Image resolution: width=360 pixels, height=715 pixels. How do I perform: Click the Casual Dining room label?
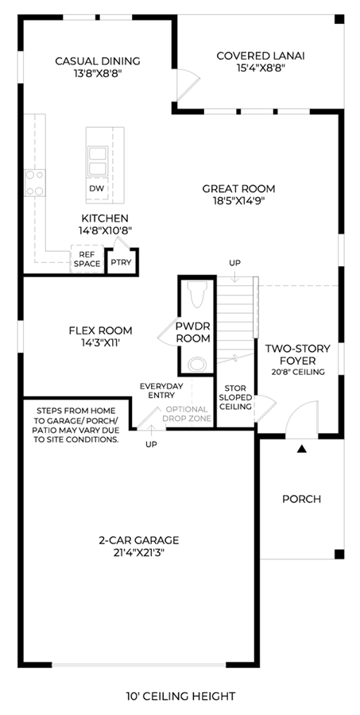pos(97,60)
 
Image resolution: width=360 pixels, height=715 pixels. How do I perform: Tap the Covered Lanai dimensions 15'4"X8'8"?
pos(261,68)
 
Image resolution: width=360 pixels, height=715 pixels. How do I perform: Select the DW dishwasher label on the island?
pos(97,189)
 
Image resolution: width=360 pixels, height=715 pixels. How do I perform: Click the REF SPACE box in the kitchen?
pos(87,260)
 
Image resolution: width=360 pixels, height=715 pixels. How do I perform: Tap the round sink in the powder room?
pos(197,365)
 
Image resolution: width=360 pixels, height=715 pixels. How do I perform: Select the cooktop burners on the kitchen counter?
pos(35,183)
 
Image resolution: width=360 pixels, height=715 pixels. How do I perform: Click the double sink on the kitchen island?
pos(98,161)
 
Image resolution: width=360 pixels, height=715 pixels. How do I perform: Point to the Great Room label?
pos(238,188)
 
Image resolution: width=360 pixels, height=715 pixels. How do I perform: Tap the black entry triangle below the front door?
pos(301,449)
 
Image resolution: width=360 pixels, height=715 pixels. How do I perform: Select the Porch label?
pos(302,499)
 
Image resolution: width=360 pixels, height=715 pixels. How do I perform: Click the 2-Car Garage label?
pos(139,540)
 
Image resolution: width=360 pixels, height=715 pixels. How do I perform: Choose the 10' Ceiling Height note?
pos(181,696)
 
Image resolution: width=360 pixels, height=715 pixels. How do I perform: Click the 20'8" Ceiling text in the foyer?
pos(297,372)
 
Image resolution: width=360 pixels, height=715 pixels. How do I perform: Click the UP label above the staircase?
pos(235,263)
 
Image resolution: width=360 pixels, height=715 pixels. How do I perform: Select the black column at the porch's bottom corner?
pos(339,554)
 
